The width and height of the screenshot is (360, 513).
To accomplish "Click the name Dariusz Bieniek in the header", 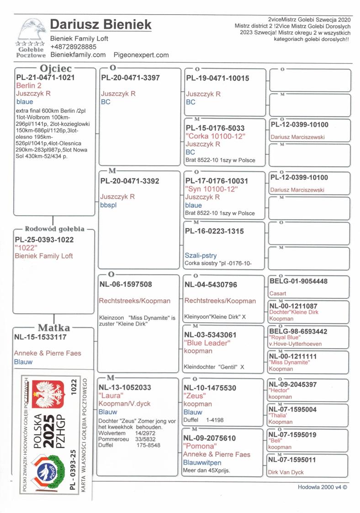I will click(x=101, y=25).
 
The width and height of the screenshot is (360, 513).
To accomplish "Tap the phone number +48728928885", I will click(x=73, y=47).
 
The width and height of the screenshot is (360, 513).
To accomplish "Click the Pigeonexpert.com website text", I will click(x=141, y=55).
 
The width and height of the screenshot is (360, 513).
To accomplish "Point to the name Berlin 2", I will click(x=29, y=85).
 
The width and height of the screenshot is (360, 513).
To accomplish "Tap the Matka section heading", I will click(x=54, y=328).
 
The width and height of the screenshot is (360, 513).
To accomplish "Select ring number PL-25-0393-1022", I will click(x=44, y=239).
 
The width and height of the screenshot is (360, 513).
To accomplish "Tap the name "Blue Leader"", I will click(x=207, y=343).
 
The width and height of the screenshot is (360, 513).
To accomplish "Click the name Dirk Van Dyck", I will click(x=286, y=472).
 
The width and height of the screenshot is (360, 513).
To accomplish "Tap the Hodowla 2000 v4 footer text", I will click(x=323, y=487).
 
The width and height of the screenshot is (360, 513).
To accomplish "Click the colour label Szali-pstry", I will click(x=201, y=256).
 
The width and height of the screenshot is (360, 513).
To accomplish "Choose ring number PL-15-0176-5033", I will click(x=215, y=128).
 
